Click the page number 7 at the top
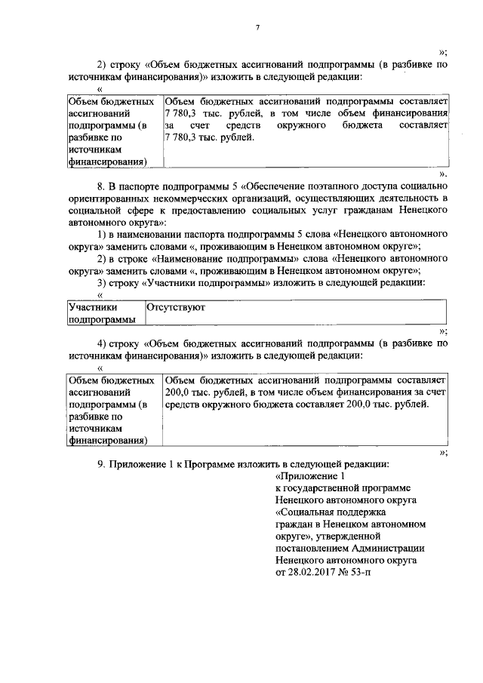(257, 28)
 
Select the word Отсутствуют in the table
(176, 308)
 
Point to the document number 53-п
(360, 572)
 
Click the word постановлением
(312, 548)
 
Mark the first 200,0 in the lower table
(177, 392)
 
